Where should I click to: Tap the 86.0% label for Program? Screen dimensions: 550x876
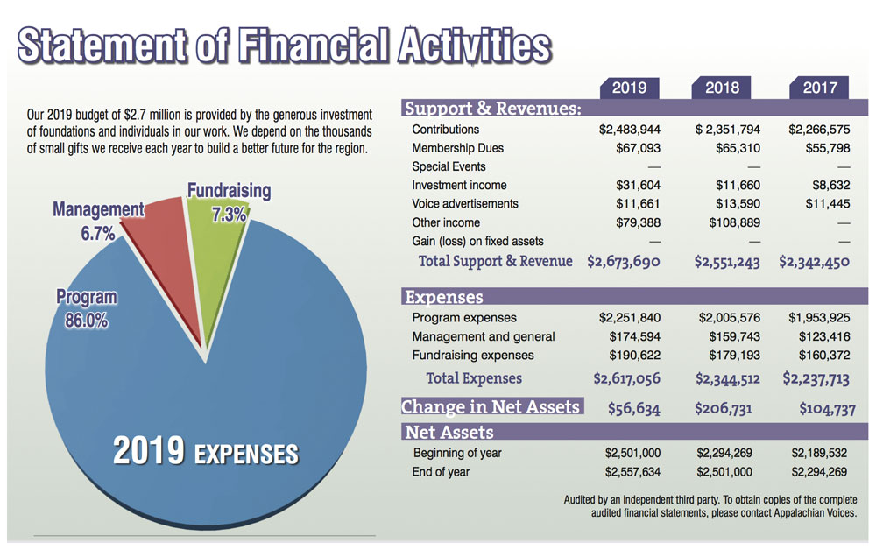[86, 321]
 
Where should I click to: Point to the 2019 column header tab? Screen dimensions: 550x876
[629, 88]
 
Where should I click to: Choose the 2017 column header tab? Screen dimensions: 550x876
[819, 88]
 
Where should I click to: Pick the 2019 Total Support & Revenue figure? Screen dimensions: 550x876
[624, 262]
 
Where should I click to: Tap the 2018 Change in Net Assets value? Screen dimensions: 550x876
[728, 408]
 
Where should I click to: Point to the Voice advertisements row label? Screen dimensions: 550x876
[464, 204]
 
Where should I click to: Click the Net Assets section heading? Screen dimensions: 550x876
[449, 433]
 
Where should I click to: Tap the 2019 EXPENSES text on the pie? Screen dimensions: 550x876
[207, 453]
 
